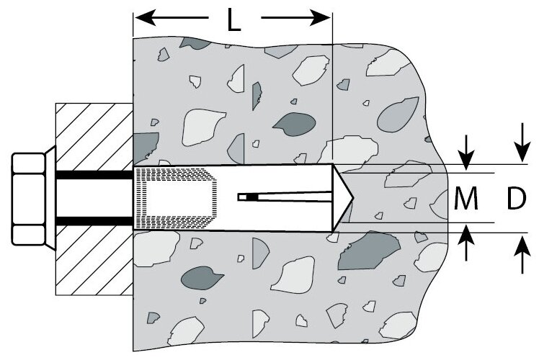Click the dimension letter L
pos(233,20)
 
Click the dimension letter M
pos(467,199)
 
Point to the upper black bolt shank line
pos(94,175)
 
